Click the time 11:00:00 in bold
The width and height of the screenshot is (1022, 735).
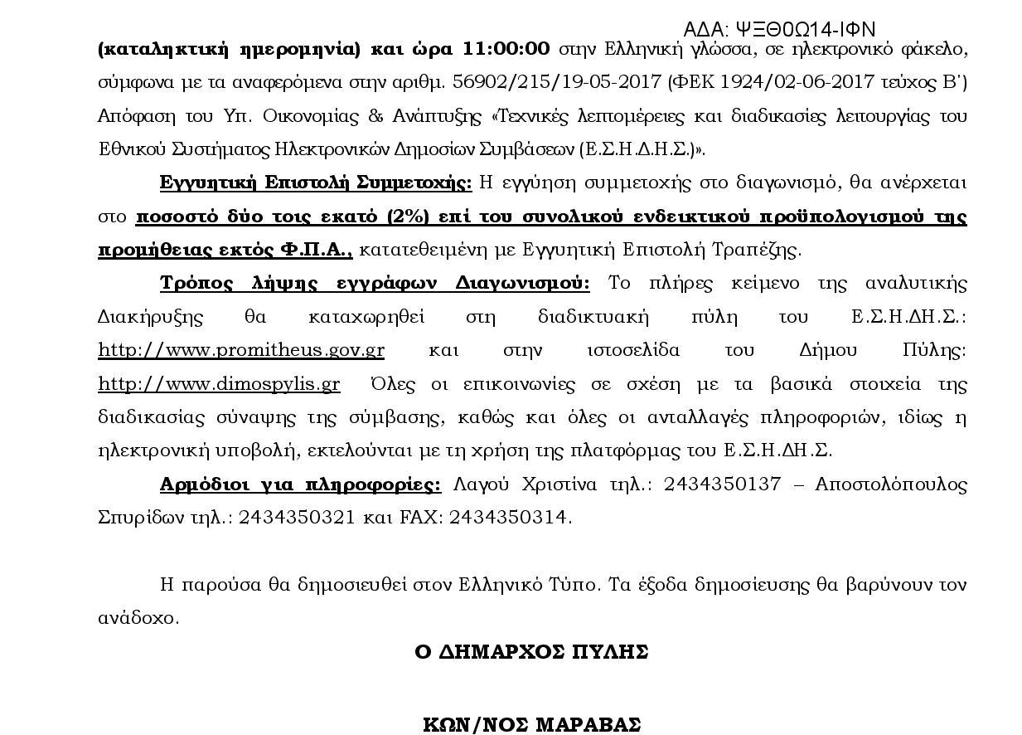506,48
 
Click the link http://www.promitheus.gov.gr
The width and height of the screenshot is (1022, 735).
241,350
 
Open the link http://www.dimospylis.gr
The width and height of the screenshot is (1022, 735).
219,384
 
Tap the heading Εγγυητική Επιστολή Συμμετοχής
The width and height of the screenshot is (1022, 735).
316,183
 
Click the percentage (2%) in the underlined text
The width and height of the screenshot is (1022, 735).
408,217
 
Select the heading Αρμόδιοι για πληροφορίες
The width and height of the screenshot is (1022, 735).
300,484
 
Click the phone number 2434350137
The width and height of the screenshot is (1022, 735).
722,484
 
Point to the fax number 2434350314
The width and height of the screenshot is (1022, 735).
513,518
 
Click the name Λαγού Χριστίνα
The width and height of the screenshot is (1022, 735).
526,484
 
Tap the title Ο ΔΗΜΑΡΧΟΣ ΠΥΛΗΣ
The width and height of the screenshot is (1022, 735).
531,652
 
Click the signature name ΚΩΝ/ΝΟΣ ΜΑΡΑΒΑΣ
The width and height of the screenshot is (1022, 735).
531,725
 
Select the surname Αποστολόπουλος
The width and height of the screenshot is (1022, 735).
891,484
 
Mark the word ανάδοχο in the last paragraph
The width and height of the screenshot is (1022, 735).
138,619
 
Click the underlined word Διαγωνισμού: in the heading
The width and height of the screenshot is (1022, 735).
523,283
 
